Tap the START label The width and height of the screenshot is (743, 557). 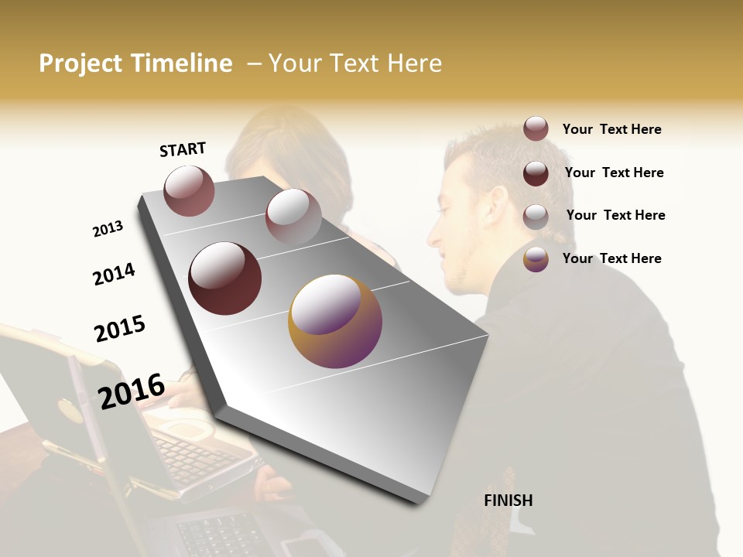tap(183, 149)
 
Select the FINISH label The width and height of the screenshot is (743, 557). tap(508, 501)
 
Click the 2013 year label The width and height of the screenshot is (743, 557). tap(108, 229)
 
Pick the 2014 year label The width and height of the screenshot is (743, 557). tap(114, 274)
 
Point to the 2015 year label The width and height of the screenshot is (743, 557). tap(120, 329)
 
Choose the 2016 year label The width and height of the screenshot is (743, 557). tap(132, 391)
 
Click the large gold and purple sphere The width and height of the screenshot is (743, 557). tap(335, 320)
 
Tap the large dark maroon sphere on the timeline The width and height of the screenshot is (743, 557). tap(225, 278)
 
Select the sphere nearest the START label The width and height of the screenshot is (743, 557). tap(189, 190)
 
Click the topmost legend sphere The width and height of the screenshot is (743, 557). tap(536, 128)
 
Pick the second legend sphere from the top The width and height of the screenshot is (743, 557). tap(536, 173)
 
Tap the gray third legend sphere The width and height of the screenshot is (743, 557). tap(536, 216)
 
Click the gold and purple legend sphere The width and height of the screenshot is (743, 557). tap(536, 259)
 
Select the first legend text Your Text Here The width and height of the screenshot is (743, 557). tap(611, 129)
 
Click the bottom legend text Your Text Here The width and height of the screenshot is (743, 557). tap(611, 258)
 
